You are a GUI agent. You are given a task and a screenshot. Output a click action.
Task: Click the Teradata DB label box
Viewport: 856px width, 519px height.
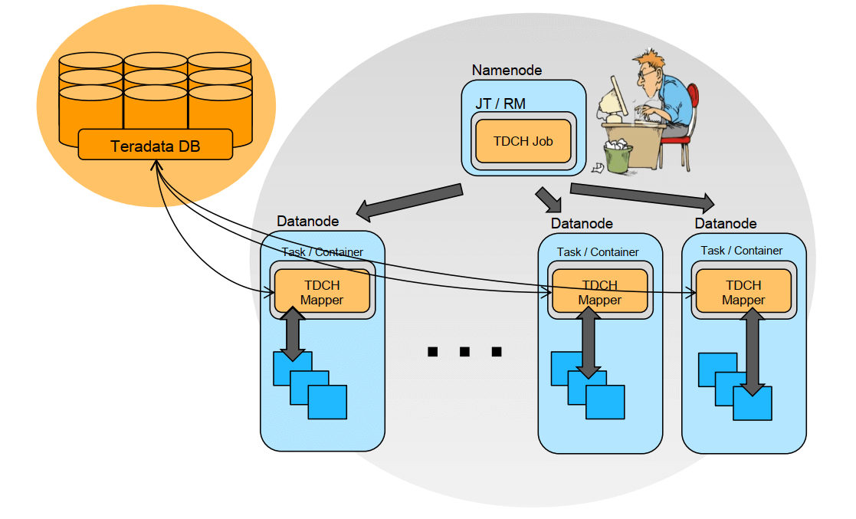click(x=156, y=145)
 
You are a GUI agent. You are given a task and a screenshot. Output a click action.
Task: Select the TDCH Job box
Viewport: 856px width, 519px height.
click(x=523, y=141)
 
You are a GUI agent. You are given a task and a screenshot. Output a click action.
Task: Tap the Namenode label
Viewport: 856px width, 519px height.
click(x=507, y=71)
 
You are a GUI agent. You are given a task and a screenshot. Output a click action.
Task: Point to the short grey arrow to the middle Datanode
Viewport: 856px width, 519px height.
click(x=549, y=199)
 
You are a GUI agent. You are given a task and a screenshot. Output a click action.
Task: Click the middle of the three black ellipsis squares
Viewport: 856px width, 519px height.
click(x=464, y=352)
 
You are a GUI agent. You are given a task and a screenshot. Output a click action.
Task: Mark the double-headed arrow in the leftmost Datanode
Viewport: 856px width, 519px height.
click(x=293, y=334)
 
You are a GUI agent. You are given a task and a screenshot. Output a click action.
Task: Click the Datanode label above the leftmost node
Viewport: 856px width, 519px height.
click(x=307, y=222)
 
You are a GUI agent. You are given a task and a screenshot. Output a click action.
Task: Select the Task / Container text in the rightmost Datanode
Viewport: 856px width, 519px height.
click(x=742, y=251)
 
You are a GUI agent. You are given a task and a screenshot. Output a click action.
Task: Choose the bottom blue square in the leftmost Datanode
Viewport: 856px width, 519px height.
click(x=327, y=402)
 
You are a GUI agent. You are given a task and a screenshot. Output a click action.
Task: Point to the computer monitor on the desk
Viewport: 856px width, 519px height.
click(x=613, y=100)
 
